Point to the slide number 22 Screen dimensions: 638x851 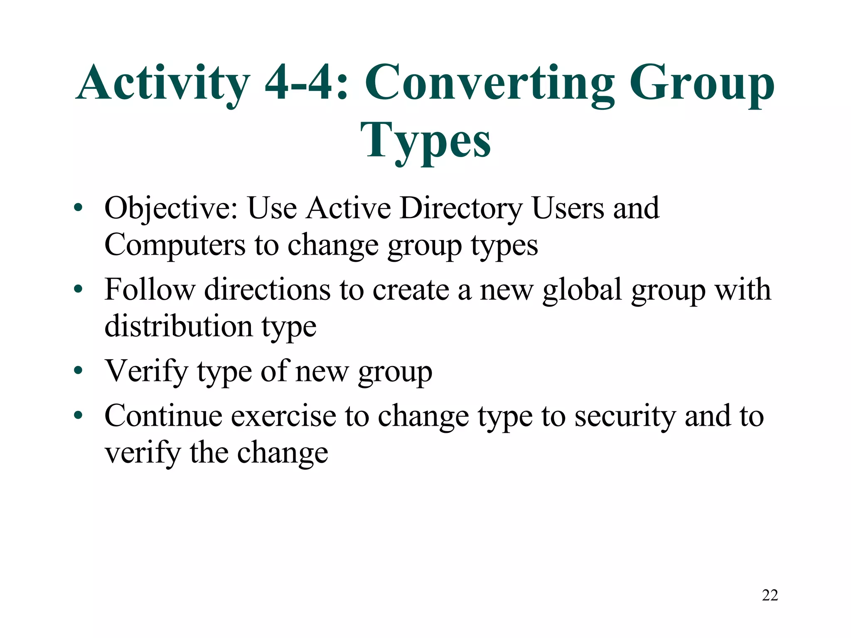click(x=770, y=595)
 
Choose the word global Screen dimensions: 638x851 click(x=582, y=290)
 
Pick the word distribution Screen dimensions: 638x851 click(x=178, y=326)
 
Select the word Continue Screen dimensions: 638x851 click(x=163, y=416)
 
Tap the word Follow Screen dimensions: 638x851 click(x=150, y=289)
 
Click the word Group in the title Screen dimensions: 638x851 click(x=702, y=83)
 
